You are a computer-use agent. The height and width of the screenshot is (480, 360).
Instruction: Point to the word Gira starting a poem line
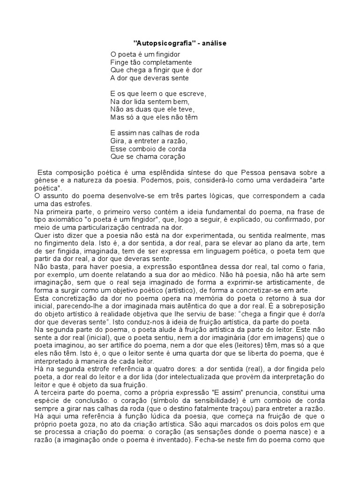(117, 141)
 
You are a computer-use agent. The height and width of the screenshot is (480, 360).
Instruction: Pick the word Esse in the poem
(118, 149)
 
